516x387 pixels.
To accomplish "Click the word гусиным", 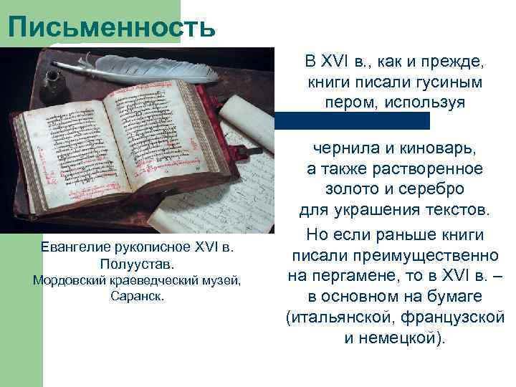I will click(x=444, y=82).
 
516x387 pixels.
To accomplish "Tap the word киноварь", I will click(x=434, y=149).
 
